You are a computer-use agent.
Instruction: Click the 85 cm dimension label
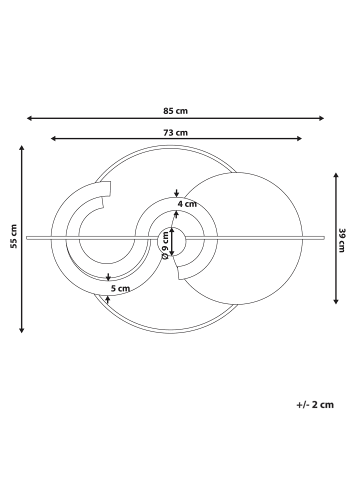click(175, 111)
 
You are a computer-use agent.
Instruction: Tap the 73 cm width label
click(175, 133)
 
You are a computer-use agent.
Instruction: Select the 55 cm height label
click(14, 236)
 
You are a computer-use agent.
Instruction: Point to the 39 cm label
click(341, 240)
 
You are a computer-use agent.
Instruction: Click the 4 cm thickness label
click(187, 204)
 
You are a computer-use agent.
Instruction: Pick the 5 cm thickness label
click(120, 289)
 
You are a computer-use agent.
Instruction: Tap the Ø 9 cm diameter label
click(165, 246)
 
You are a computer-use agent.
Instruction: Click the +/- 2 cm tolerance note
click(315, 405)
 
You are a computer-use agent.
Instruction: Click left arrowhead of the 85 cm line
click(29, 118)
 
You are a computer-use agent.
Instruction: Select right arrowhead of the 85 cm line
click(322, 118)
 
